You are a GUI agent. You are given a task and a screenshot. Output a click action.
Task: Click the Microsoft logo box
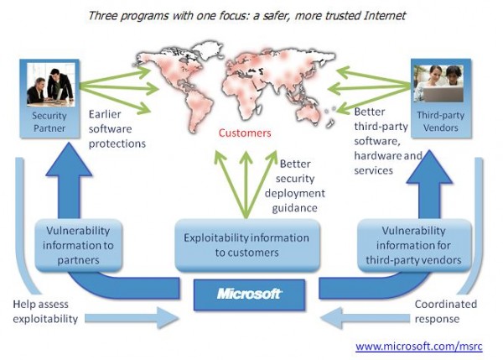coord(249,295)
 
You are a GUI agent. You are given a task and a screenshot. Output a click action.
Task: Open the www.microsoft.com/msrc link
coord(419,347)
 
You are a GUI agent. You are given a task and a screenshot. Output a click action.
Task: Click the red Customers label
coord(245,133)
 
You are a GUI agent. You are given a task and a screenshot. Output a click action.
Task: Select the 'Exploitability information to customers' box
coord(247,245)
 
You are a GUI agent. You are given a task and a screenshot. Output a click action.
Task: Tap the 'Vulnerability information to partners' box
coord(78,245)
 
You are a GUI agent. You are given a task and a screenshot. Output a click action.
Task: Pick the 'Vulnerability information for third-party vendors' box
coord(414,245)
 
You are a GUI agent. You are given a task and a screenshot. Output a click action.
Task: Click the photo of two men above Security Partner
coord(50,85)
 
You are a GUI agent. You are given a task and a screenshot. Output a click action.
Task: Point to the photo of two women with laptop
coord(438,84)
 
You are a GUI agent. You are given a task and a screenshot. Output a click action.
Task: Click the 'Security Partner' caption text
coord(49,122)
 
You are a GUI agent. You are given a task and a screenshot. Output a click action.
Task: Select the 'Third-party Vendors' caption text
coord(440,122)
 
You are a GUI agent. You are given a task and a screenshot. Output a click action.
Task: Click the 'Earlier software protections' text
coord(117,129)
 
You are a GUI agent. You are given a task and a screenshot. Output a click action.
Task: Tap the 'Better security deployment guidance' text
coord(295,186)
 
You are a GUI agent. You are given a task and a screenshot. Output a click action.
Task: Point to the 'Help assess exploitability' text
coord(45,311)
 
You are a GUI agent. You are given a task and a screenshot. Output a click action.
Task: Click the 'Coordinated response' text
coord(446,311)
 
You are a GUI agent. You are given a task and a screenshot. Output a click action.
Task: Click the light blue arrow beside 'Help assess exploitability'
coord(132,318)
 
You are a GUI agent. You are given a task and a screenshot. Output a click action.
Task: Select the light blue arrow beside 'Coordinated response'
coord(365,318)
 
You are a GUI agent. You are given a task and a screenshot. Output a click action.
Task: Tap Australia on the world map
coord(309,115)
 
